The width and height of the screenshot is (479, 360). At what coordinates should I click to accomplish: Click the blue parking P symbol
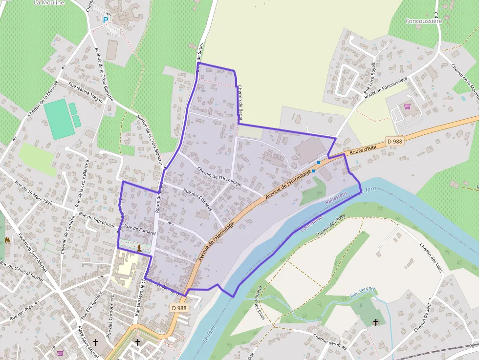click(x=105, y=20)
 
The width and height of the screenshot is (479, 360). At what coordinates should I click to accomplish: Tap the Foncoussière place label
click(x=424, y=21)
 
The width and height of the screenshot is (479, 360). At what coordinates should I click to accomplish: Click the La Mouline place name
click(x=49, y=2)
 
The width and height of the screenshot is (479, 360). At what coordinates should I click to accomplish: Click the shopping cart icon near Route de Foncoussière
click(x=407, y=106)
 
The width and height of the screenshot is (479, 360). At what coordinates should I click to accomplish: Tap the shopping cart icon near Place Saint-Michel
click(x=60, y=353)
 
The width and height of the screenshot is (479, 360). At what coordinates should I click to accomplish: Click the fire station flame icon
click(x=7, y=240)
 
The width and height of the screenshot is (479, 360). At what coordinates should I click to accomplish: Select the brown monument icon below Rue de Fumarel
click(x=139, y=248)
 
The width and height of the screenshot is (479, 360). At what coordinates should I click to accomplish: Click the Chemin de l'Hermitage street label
click(x=219, y=176)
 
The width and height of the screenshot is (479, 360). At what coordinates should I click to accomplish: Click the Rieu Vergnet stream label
click(x=362, y=292)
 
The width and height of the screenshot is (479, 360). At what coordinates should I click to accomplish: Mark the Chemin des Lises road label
click(x=432, y=257)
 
